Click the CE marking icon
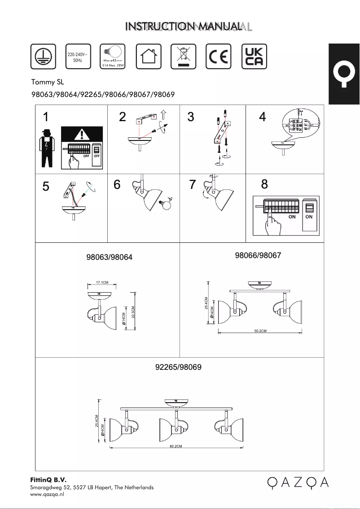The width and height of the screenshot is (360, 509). pos(219,57)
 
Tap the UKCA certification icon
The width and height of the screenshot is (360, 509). pos(254,57)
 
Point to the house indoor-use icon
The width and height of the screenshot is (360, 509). pos(148,57)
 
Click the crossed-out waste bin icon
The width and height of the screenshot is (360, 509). pos(184,57)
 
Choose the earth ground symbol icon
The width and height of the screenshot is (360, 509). pos(43,57)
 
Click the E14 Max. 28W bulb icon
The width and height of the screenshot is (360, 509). pos(113,57)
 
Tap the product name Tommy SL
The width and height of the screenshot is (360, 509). pos(44,82)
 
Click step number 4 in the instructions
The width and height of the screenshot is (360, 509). pos(263,118)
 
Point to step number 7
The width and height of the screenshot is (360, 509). pos(193,185)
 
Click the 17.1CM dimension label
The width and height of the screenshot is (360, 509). pos(102,282)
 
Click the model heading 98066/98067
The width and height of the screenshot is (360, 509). pos(258,255)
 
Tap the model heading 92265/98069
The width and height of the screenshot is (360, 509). pos(178,367)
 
